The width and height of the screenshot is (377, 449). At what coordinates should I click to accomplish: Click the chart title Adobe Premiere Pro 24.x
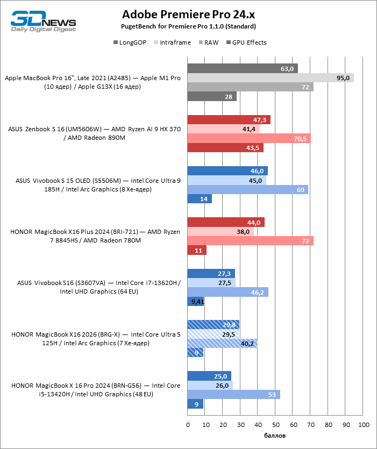[188, 14]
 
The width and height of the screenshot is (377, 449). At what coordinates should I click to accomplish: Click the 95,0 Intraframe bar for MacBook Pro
[271, 78]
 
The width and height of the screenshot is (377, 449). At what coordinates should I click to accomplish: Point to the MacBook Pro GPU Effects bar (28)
[212, 96]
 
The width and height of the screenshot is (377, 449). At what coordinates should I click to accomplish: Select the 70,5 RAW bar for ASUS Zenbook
[249, 138]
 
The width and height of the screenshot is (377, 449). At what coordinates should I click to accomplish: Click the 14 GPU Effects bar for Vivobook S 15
[200, 199]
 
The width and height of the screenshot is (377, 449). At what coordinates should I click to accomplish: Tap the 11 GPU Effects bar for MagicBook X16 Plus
[197, 250]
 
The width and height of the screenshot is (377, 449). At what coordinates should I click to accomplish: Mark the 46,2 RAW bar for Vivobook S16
[227, 292]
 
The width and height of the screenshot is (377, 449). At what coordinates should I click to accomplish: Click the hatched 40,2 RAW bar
[222, 343]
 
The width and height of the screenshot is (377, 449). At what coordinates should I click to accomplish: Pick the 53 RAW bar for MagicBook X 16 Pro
[233, 394]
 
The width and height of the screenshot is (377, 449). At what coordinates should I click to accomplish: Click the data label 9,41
[197, 302]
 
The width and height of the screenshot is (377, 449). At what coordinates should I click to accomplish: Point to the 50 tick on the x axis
[275, 425]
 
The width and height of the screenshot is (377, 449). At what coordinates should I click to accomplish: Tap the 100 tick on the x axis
[363, 425]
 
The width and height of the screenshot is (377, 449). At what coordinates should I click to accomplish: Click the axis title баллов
[275, 435]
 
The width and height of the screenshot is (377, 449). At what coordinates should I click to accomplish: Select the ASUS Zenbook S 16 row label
[95, 133]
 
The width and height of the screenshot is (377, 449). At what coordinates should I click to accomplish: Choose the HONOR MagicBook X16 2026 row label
[95, 339]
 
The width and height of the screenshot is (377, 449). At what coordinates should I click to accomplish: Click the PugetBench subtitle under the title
[188, 26]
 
